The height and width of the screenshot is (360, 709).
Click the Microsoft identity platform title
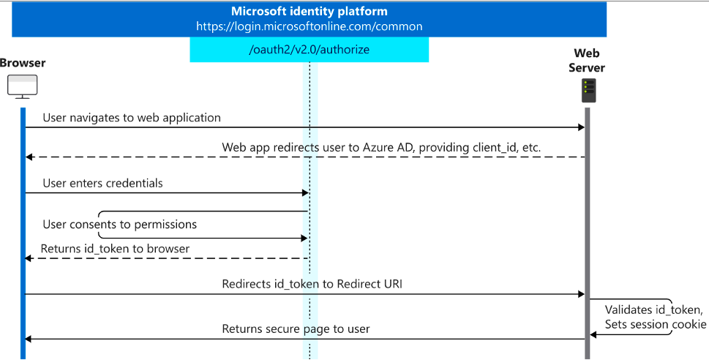click(310, 11)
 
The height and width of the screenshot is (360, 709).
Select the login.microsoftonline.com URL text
click(310, 26)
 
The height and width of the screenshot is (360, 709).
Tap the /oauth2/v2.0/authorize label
click(310, 49)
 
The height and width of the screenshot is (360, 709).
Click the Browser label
click(23, 63)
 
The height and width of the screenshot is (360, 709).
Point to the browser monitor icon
click(23, 86)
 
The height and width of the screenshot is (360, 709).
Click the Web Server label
click(587, 60)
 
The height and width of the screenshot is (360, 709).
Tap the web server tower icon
click(589, 91)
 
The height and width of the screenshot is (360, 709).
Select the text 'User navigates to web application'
click(132, 118)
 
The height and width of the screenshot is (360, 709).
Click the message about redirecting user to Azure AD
click(381, 147)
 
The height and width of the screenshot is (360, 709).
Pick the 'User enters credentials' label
click(102, 183)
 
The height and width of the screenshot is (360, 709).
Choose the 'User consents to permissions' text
click(120, 225)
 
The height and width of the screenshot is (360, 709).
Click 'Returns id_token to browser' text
click(115, 249)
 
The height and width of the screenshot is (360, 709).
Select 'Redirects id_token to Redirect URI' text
click(312, 284)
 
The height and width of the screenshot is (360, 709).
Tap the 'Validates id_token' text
click(654, 310)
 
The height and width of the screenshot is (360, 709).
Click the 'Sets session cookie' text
click(656, 324)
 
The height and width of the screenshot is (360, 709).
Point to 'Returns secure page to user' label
click(296, 329)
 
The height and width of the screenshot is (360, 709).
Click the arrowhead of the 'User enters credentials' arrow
click(305, 193)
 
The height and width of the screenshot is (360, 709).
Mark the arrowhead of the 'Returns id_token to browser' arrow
click(29, 258)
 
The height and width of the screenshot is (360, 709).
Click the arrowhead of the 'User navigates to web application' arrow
click(582, 127)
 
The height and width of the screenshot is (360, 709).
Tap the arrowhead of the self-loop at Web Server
click(593, 334)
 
